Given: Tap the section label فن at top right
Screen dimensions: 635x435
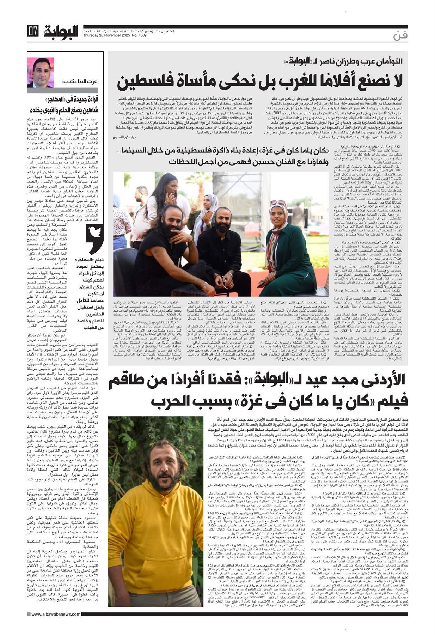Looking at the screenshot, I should pyautogui.click(x=400, y=36).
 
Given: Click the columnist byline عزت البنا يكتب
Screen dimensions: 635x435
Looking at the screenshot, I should pyautogui.click(x=80, y=82).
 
